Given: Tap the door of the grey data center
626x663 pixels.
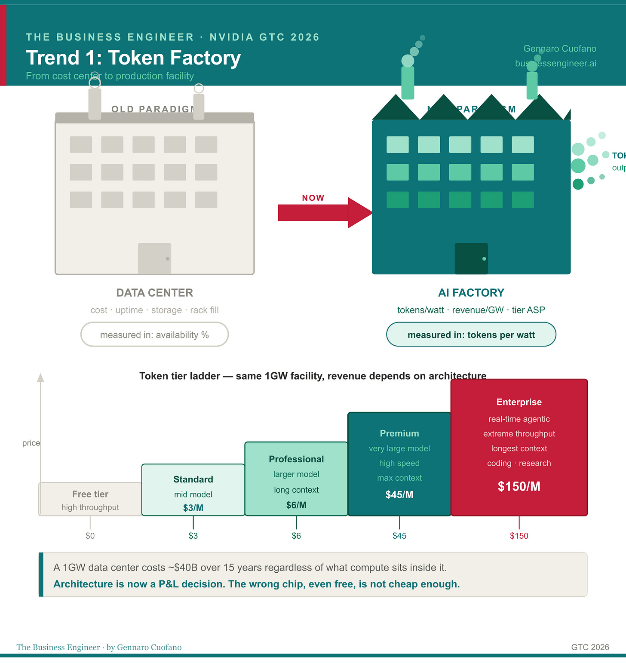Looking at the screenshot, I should pos(155,258).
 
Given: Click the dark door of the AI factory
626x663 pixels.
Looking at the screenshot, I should pos(471,258).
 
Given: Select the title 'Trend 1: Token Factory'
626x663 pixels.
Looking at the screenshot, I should pos(133,58).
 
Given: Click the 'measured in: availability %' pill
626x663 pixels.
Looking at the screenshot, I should pos(154,335).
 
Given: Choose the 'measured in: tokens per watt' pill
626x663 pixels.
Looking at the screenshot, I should pos(471,335).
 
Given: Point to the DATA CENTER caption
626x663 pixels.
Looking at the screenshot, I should pos(154,293).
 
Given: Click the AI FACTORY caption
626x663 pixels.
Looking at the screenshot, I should pos(471,293).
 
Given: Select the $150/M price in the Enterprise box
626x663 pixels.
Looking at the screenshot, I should pos(519,486).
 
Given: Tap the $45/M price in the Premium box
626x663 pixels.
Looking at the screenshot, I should pos(399,494).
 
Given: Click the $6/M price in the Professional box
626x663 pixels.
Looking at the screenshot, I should pos(296,505).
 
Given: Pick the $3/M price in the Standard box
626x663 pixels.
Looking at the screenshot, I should pos(193,508).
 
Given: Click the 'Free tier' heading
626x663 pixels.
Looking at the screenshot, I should pos(90,494).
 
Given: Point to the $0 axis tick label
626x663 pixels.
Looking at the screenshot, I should pos(90,536).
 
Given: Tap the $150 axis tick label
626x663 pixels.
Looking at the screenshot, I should pos(519,536).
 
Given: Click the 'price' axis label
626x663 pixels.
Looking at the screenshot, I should pos(31,443).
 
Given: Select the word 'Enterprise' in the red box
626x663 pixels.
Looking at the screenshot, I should pos(519,402).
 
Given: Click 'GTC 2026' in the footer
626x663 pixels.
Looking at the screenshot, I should pos(590,647).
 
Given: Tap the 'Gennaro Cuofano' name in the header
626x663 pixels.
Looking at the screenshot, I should pos(559,49).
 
